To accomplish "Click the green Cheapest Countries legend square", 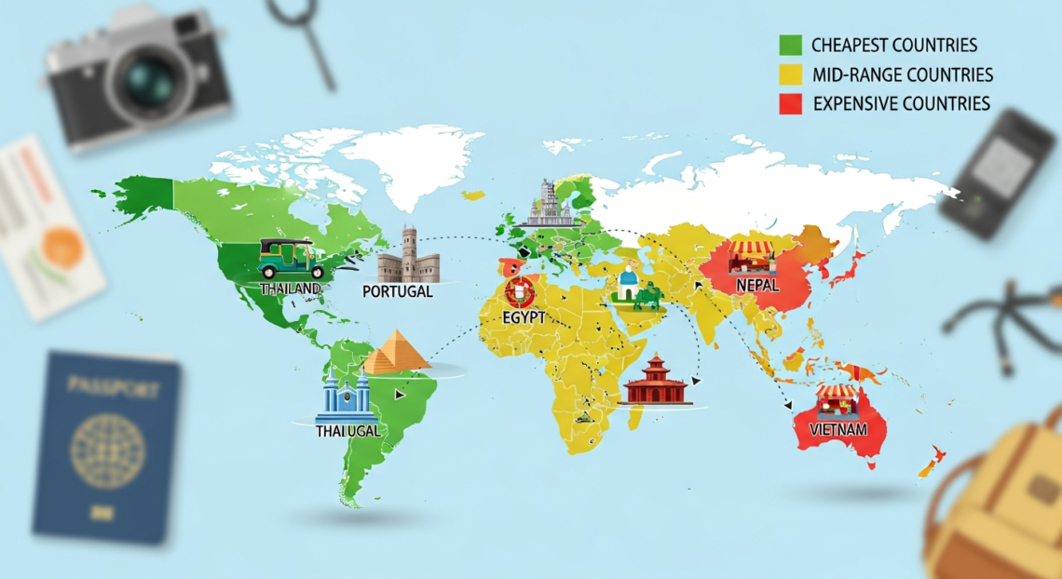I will pyautogui.click(x=790, y=45).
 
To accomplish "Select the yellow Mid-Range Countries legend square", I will pyautogui.click(x=790, y=74).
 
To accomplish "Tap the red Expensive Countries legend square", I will pyautogui.click(x=790, y=103).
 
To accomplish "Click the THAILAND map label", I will pyautogui.click(x=291, y=289).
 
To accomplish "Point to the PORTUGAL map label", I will pyautogui.click(x=397, y=291).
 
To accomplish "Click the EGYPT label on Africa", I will pyautogui.click(x=523, y=317).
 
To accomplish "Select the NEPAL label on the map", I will pyautogui.click(x=756, y=286).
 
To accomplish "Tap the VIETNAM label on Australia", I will pyautogui.click(x=839, y=429).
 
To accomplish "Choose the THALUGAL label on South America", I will pyautogui.click(x=347, y=432).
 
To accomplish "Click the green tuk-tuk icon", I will pyautogui.click(x=283, y=259).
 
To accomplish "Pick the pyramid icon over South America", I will pyautogui.click(x=396, y=353).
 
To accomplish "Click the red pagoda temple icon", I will pyautogui.click(x=658, y=381).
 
